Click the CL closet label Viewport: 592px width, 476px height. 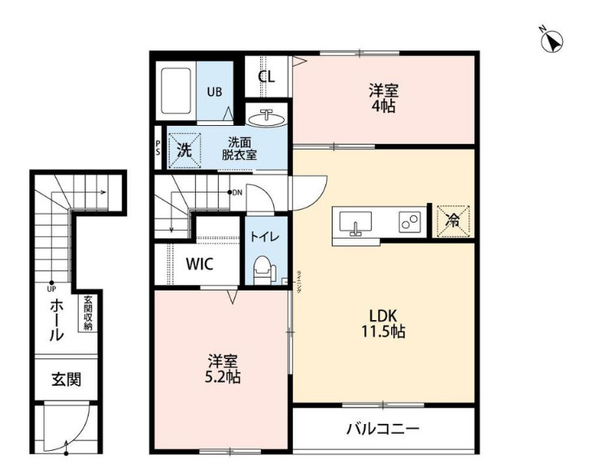coord(267,77)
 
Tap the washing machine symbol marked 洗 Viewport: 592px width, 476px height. coord(184,150)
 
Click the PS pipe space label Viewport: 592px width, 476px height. coord(158,149)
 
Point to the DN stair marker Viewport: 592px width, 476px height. coord(237,193)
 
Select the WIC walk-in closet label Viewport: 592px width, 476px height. coord(199,264)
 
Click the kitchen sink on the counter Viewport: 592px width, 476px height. coord(354,222)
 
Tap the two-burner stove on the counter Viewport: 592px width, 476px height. coord(407,221)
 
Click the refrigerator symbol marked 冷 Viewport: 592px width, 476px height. coord(451,220)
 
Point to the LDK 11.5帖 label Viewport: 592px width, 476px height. coord(384,323)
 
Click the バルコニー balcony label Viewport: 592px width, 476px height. coord(382,428)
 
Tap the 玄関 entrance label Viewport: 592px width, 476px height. coord(67,379)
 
